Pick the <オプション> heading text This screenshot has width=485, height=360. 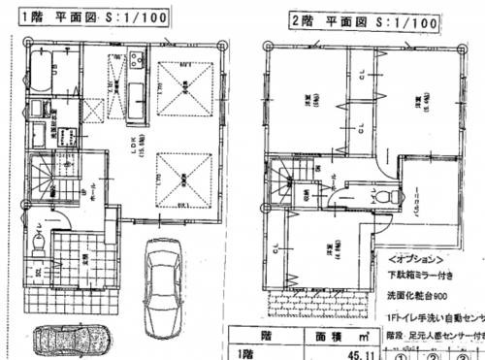[414, 261]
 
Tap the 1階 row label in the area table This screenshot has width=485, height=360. [245, 353]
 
